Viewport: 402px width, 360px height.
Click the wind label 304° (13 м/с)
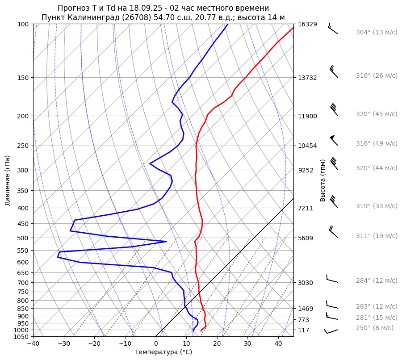pyautogui.click(x=377, y=32)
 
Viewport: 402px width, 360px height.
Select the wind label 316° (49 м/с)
pyautogui.click(x=377, y=143)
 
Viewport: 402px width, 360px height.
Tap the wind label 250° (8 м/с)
pyautogui.click(x=375, y=328)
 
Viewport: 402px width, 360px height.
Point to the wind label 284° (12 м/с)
pyautogui.click(x=377, y=280)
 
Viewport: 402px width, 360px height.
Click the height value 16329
pyautogui.click(x=307, y=24)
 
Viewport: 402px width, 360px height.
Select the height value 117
pyautogui.click(x=304, y=330)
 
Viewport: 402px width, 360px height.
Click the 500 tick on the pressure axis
pyautogui.click(x=24, y=238)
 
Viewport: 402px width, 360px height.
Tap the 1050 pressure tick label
pyautogui.click(x=22, y=337)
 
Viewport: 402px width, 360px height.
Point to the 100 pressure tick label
pyautogui.click(x=24, y=24)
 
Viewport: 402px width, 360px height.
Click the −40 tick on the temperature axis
pyautogui.click(x=33, y=344)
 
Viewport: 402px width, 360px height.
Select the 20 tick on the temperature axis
pyautogui.click(x=217, y=344)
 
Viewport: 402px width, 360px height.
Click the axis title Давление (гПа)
pyautogui.click(x=8, y=180)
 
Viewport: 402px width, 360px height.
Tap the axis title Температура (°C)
pyautogui.click(x=163, y=352)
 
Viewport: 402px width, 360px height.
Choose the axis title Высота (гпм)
pyautogui.click(x=323, y=180)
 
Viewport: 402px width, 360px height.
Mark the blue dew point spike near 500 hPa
pyautogui.click(x=165, y=242)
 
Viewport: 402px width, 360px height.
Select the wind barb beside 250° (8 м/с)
pyautogui.click(x=331, y=331)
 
